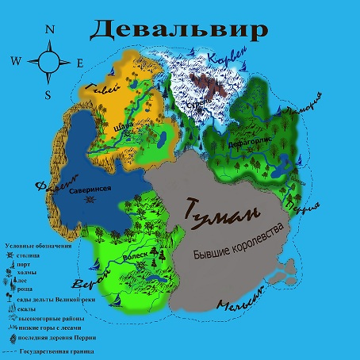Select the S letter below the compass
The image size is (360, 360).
[x=48, y=94]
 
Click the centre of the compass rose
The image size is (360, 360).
[x=48, y=62]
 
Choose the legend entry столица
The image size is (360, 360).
[x=35, y=257]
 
